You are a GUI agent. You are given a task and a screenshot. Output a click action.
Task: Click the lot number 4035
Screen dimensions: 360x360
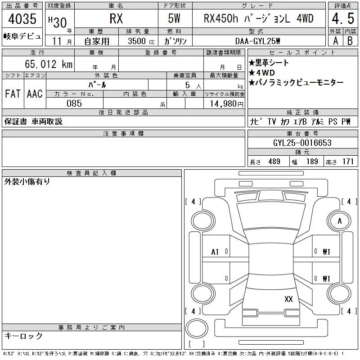click(22, 18)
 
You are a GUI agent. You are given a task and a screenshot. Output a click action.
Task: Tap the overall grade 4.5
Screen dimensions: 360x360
click(343, 18)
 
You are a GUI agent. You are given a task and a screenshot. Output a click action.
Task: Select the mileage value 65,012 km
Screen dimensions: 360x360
click(49, 64)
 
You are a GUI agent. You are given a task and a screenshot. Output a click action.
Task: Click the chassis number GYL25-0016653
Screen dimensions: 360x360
click(302, 143)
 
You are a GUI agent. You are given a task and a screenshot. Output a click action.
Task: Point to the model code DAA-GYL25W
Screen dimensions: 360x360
click(257, 41)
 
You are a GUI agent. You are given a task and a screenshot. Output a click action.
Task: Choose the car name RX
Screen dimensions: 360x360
click(116, 18)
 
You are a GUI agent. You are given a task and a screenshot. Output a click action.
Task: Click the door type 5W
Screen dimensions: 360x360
click(174, 18)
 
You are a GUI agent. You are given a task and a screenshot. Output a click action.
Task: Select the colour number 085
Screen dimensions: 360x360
click(74, 103)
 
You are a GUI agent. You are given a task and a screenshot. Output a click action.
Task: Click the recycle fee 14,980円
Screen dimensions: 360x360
click(226, 103)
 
